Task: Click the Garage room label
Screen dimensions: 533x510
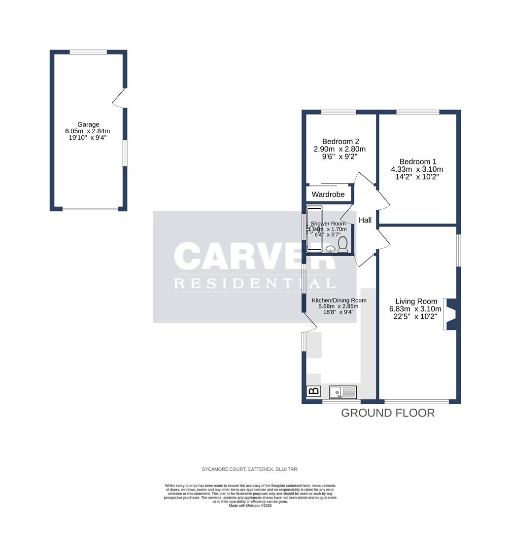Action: click(x=88, y=124)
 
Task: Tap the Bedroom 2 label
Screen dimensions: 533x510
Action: click(x=340, y=140)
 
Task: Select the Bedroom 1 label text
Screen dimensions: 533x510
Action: click(x=417, y=161)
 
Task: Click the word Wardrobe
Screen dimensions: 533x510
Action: click(x=328, y=194)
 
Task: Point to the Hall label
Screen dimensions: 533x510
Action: click(x=365, y=221)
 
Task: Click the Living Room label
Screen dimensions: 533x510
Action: click(x=416, y=301)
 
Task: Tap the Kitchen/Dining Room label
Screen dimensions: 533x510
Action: click(x=339, y=300)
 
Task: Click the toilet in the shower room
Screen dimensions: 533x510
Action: click(x=343, y=244)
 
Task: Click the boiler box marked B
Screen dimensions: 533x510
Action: click(x=313, y=391)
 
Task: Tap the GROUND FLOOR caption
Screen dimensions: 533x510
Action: click(x=388, y=413)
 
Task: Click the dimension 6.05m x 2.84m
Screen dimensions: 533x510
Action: click(x=88, y=131)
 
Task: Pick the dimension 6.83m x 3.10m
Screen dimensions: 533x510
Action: click(x=416, y=309)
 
